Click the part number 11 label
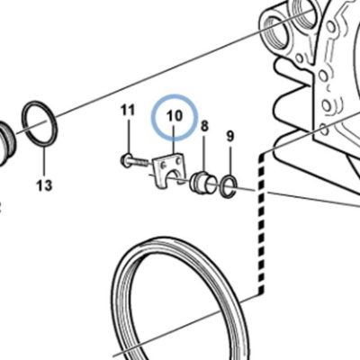click(128, 110)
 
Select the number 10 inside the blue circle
click(175, 115)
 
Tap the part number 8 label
click(204, 126)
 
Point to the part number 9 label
click(229, 136)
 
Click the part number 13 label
click(44, 185)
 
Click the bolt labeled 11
click(135, 161)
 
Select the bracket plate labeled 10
click(169, 171)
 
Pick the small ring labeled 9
click(229, 186)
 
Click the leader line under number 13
click(45, 161)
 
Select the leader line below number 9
click(230, 160)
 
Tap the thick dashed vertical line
click(262, 222)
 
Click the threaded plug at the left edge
click(6, 144)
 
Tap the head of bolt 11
click(125, 159)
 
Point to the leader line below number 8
click(204, 153)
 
